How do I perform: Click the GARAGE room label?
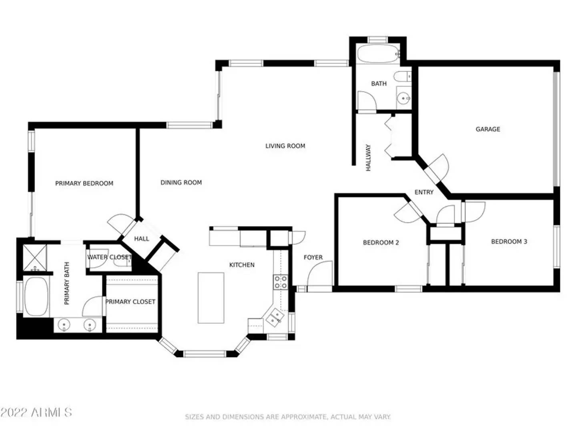[x=488, y=129]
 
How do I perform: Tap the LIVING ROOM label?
[x=285, y=146]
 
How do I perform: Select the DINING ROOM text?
[x=181, y=182]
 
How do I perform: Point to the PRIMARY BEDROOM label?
[x=84, y=183]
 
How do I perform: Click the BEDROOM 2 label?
[x=381, y=242]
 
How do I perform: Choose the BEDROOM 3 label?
[x=509, y=242]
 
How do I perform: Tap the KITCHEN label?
[x=242, y=265]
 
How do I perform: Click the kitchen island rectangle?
[x=211, y=298]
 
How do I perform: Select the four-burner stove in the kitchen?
[x=280, y=282]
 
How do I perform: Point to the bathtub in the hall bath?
[x=377, y=54]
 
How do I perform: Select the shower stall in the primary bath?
[x=34, y=258]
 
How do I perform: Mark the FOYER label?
[x=313, y=258]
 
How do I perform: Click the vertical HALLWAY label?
[x=368, y=158]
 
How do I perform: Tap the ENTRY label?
[x=424, y=192]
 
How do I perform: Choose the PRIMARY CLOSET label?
[x=130, y=302]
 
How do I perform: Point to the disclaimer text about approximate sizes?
[x=287, y=417]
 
